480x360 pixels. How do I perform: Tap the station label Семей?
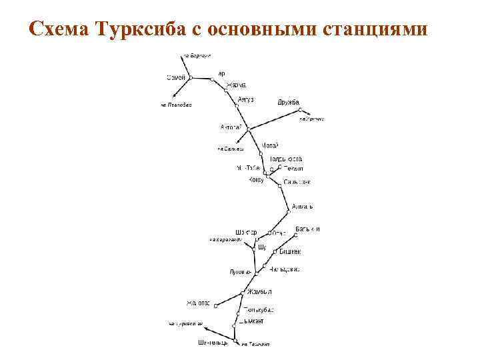click(176, 78)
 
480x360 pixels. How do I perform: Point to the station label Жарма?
click(237, 85)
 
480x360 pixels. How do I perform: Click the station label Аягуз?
click(245, 99)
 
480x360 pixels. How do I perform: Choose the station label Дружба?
click(289, 102)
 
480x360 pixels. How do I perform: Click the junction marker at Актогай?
click(247, 128)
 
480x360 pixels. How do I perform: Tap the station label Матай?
click(269, 145)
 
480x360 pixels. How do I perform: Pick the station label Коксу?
click(256, 180)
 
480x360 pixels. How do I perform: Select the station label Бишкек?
click(290, 251)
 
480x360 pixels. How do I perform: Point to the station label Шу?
click(261, 247)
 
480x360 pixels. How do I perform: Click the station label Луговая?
click(240, 272)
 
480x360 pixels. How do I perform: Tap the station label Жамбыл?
click(259, 291)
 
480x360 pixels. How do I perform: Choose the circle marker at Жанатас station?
click(215, 304)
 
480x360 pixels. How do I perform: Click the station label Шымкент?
click(251, 321)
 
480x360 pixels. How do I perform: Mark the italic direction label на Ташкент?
click(255, 345)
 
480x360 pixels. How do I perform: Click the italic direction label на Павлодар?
click(176, 105)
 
